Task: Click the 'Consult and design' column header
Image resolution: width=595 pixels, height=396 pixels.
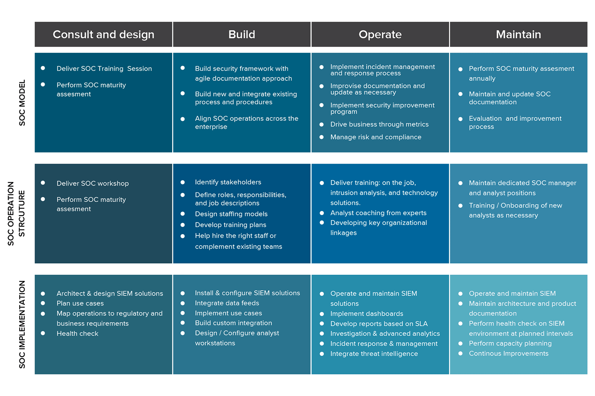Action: tap(103, 35)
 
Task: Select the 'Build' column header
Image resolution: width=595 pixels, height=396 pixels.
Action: tap(242, 35)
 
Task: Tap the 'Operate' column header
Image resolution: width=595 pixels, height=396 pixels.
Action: tap(380, 35)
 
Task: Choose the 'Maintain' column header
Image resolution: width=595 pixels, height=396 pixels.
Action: tap(518, 35)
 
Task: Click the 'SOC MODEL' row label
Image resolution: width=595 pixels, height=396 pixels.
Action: tap(22, 103)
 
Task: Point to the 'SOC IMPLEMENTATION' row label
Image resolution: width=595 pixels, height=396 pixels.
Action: tap(22, 325)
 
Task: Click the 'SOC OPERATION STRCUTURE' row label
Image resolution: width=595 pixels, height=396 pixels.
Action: tap(16, 213)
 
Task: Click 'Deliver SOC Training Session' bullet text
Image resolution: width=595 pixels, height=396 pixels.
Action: tap(104, 68)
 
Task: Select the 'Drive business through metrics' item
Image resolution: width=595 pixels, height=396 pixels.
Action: tap(379, 124)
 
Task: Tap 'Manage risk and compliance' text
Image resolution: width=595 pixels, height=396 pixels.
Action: tap(376, 137)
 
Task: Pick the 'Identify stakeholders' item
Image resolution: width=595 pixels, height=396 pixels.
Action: tap(228, 182)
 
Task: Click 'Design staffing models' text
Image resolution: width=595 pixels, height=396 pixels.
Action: tap(231, 214)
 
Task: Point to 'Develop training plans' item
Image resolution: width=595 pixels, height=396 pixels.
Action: tap(231, 225)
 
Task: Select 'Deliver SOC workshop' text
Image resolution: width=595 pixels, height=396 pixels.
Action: tap(93, 183)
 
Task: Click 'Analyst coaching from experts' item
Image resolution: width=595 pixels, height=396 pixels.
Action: tap(378, 213)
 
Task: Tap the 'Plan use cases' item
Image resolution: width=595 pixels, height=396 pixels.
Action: tap(80, 303)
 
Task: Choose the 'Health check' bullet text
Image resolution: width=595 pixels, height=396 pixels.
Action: tap(77, 333)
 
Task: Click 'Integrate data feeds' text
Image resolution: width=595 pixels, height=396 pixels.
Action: tap(227, 303)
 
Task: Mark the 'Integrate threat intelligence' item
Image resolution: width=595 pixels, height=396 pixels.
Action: tap(374, 354)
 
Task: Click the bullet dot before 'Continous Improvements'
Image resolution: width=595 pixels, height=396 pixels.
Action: tap(460, 353)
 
